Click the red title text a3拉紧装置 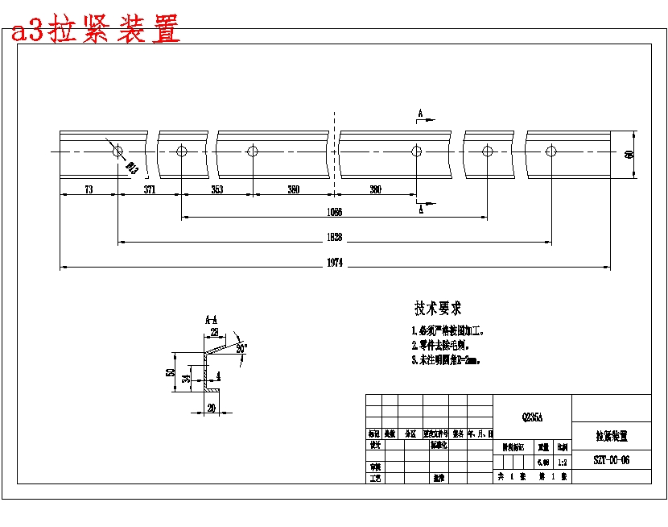pos(95,31)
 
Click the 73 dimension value pos(89,189)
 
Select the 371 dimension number pos(150,189)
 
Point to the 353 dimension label pos(217,189)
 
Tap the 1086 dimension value pos(334,212)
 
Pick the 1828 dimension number pos(334,237)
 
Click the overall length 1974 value pos(335,263)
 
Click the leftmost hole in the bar pos(118,151)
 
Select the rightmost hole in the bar pos(551,151)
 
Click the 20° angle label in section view pos(241,347)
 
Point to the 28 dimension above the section pos(214,332)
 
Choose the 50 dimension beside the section pos(170,372)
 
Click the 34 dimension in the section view pos(186,378)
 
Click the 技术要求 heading pos(438,308)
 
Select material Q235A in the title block pos(533,417)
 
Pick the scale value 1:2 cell pos(562,461)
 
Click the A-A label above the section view pos(211,319)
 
